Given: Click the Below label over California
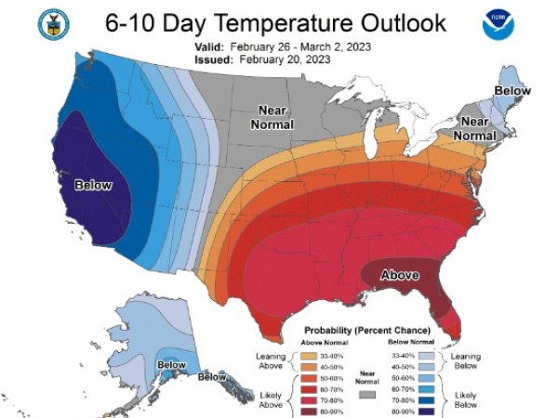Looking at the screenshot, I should click(92, 185).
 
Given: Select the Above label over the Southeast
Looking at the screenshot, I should click(401, 275).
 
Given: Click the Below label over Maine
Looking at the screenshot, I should click(511, 91).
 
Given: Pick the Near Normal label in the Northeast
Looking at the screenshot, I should click(475, 128).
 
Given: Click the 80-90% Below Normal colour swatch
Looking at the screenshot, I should click(429, 408).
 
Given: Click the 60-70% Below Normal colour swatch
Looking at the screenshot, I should click(429, 386).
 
